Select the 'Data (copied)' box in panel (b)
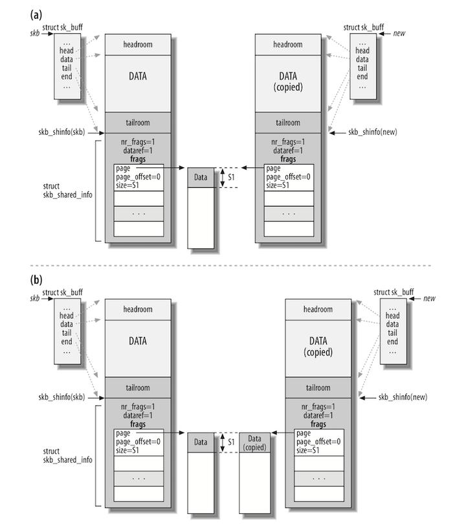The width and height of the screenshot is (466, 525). [256, 442]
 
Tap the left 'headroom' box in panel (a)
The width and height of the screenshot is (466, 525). [138, 44]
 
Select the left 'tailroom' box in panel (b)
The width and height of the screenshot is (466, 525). [137, 387]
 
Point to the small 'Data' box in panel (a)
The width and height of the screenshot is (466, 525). [201, 178]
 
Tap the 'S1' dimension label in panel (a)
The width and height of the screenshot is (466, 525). [232, 177]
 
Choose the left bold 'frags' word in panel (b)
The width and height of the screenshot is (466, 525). [137, 424]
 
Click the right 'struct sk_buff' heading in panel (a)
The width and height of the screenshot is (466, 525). [363, 27]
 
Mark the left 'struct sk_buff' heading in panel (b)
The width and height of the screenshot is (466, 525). [63, 292]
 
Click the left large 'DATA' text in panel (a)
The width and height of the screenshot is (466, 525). [137, 76]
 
